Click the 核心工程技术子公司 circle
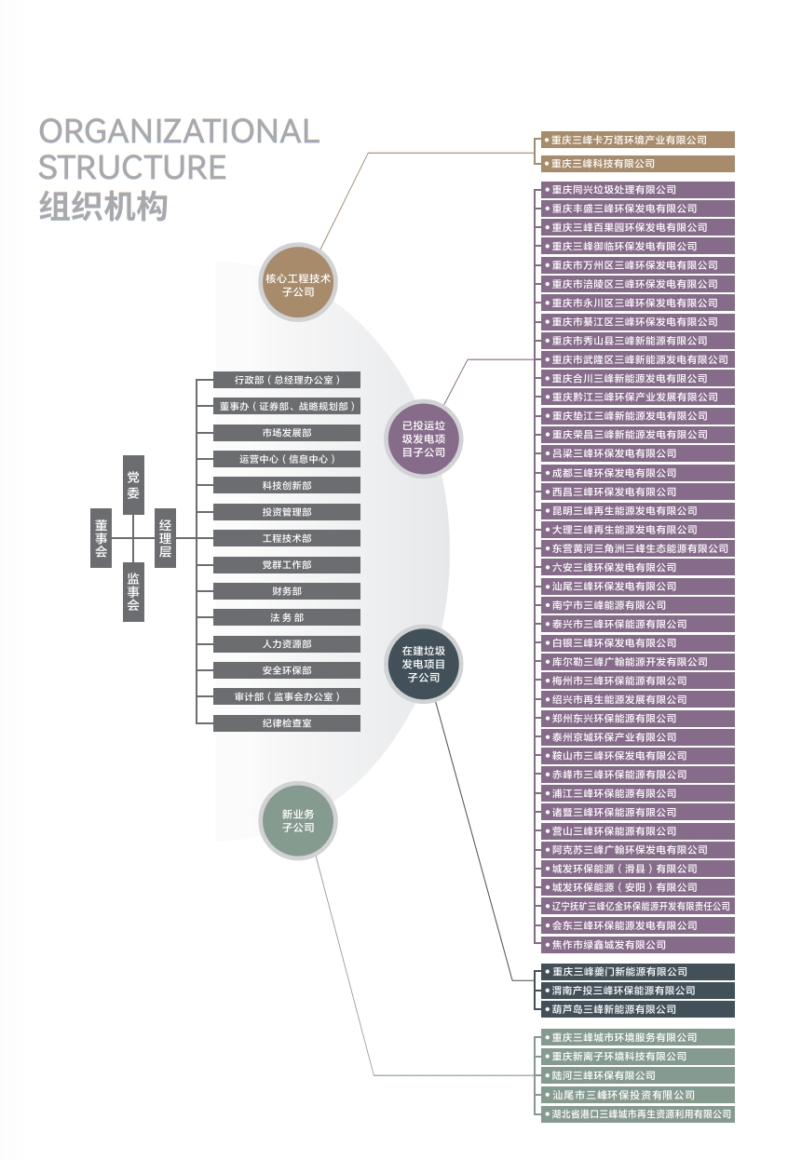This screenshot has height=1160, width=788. (297, 285)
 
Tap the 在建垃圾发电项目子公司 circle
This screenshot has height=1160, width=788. (424, 665)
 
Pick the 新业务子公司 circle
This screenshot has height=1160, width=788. (297, 820)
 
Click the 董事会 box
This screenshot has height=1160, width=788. (102, 538)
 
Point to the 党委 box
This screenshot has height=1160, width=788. (133, 484)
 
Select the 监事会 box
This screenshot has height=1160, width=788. (133, 592)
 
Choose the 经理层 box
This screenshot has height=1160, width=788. (165, 538)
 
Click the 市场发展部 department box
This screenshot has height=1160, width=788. (287, 433)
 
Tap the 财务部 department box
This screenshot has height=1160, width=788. (287, 591)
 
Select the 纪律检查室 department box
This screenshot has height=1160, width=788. (287, 723)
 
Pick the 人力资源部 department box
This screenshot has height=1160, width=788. (287, 644)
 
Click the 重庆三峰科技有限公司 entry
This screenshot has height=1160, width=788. (637, 164)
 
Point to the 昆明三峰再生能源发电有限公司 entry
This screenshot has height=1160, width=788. (637, 510)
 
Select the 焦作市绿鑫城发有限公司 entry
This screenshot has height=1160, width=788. (637, 944)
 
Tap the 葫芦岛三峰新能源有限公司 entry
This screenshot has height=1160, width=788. (637, 1009)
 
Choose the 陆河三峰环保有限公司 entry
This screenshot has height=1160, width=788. (637, 1075)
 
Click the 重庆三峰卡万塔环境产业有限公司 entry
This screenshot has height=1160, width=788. (637, 140)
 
